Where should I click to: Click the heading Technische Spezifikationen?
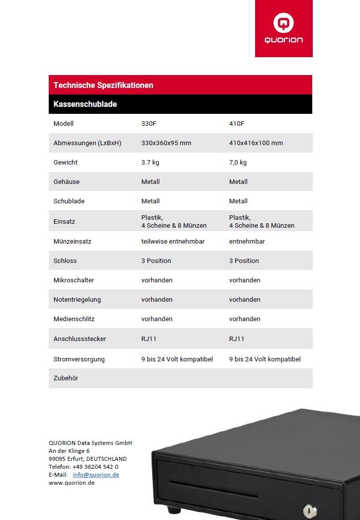tap(103, 85)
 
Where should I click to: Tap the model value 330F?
tap(149, 124)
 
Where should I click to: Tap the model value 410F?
tap(237, 124)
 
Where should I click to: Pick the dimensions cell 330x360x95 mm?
tap(166, 143)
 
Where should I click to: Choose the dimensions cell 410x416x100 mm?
tap(256, 143)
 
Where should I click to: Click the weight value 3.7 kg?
tap(150, 163)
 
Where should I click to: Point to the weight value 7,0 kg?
tap(238, 163)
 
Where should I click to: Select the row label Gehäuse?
tap(66, 182)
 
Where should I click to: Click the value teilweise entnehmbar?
tap(173, 242)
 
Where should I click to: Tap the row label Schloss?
tap(65, 261)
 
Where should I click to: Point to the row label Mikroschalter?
tap(74, 280)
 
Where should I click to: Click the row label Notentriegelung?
tap(77, 300)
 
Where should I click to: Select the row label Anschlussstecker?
tap(80, 339)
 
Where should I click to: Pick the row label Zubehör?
tap(66, 378)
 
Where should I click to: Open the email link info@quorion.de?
tap(96, 475)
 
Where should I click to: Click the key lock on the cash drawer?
tap(309, 511)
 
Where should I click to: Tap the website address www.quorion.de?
tap(72, 483)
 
